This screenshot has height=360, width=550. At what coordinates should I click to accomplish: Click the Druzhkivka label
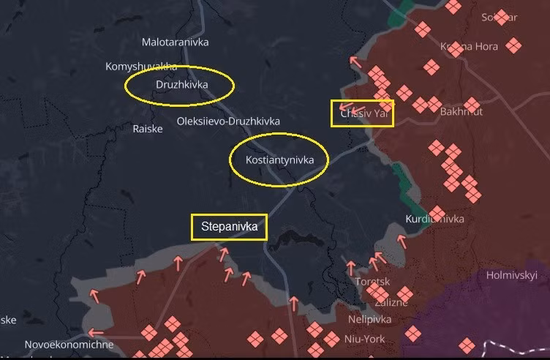coord(181,85)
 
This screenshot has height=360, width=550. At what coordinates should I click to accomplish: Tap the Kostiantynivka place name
coord(279,160)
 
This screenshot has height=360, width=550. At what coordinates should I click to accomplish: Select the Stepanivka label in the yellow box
coord(229,227)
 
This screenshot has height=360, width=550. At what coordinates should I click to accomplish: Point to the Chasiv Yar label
coord(363,113)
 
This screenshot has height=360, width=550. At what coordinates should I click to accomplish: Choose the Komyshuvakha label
coord(141,67)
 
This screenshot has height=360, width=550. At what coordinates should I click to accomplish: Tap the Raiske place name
coord(148,129)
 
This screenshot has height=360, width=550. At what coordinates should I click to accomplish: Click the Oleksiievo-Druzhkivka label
coord(228,121)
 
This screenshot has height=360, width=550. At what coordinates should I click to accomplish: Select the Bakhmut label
coord(462,112)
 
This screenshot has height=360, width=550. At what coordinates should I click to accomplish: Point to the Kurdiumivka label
coord(434,219)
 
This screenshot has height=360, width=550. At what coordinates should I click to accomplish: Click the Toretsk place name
coord(372,282)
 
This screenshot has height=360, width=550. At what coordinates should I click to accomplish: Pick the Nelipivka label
coord(369,320)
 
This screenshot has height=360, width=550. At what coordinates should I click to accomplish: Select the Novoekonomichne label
coord(69,345)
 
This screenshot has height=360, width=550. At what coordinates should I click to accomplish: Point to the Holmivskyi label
coord(512,275)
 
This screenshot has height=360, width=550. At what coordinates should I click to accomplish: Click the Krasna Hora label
coord(469,47)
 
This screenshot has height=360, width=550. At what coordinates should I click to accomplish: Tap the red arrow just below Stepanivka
coord(223,253)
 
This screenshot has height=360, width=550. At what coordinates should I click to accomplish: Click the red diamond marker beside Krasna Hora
coord(514,45)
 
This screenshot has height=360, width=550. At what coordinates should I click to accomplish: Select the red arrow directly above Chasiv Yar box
coord(355,61)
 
